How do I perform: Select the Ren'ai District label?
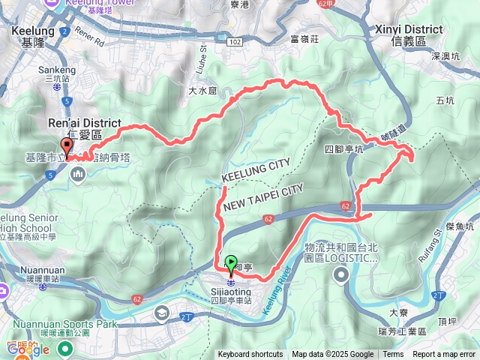click(91, 123)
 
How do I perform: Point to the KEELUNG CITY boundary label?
click(256, 171)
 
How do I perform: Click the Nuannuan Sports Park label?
click(74, 324)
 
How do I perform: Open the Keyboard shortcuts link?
click(250, 355)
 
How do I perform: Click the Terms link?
click(393, 355)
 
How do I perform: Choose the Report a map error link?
click(444, 355)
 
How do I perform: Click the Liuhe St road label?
click(202, 59)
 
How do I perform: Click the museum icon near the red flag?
click(79, 175)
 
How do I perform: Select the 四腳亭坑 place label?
click(344, 149)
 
